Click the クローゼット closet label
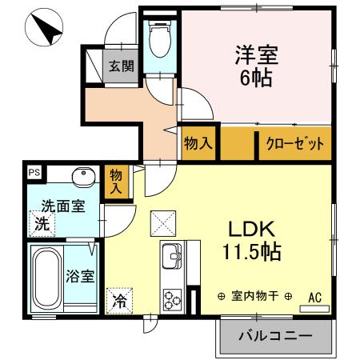tap(294, 145)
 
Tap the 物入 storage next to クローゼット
tap(198, 145)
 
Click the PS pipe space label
tap(34, 170)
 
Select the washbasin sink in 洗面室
tap(82, 177)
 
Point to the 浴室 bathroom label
tap(82, 277)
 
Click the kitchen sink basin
tap(172, 258)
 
